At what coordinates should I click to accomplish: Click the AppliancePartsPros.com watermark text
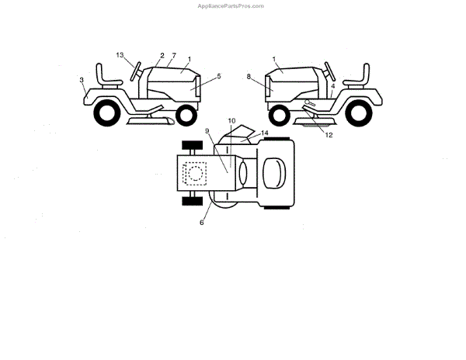point(232,5)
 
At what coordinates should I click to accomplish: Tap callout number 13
point(120,55)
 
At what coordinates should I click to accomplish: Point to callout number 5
point(220,76)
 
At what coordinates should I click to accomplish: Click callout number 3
point(82,79)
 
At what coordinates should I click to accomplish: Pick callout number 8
point(249,77)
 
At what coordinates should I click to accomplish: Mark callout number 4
point(332,86)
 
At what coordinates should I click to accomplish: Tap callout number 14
point(265,133)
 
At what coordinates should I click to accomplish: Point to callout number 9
point(207,131)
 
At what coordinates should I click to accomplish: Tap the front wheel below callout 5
point(187,116)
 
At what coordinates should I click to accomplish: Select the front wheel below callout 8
point(278,116)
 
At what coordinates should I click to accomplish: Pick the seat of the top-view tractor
point(273,172)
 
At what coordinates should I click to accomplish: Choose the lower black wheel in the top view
point(190,201)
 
